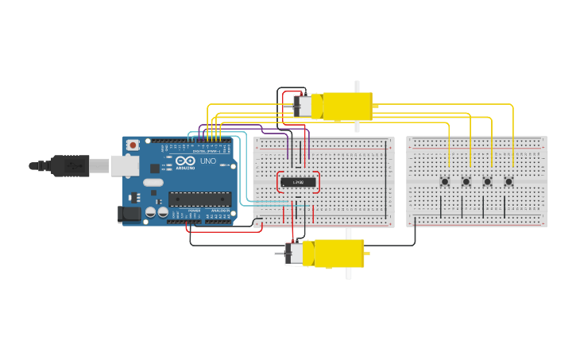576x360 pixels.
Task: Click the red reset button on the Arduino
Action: point(133,145)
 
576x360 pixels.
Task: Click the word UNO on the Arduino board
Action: point(207,162)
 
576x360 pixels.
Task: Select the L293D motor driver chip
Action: point(299,182)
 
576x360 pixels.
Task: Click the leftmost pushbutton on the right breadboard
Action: point(445,182)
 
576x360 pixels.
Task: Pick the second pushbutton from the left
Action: point(466,182)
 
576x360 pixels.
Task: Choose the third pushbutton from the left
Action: point(488,182)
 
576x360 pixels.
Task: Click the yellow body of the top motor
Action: point(346,106)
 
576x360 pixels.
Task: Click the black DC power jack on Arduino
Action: point(128,213)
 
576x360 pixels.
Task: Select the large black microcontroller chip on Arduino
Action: point(199,199)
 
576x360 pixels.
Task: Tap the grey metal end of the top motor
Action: point(303,106)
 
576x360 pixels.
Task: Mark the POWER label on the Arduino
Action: point(195,211)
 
